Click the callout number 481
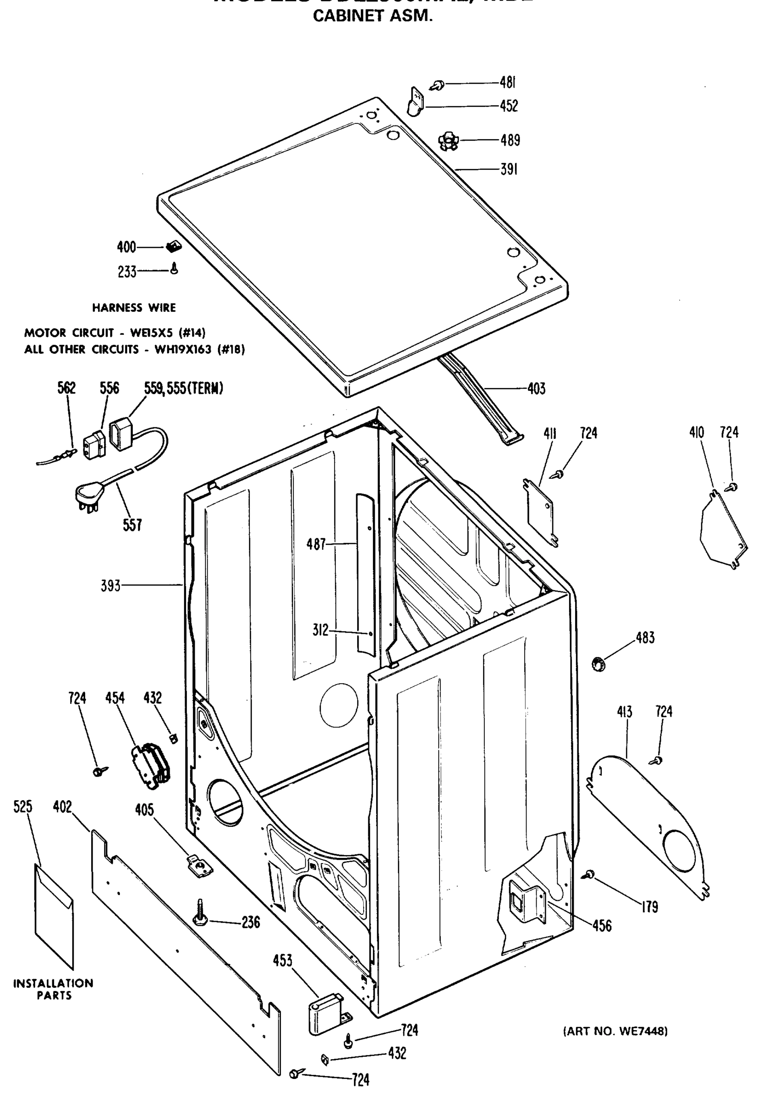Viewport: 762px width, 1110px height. (508, 83)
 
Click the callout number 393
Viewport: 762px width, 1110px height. (111, 586)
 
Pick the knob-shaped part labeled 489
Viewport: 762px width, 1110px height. (448, 141)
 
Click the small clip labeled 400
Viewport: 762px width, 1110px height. (172, 247)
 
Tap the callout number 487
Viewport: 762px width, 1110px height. (316, 544)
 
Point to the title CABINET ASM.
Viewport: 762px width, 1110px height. (372, 16)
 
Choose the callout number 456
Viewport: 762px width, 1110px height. (602, 925)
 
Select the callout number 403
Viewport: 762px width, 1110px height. (536, 389)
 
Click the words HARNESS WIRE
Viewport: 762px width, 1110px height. (134, 308)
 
